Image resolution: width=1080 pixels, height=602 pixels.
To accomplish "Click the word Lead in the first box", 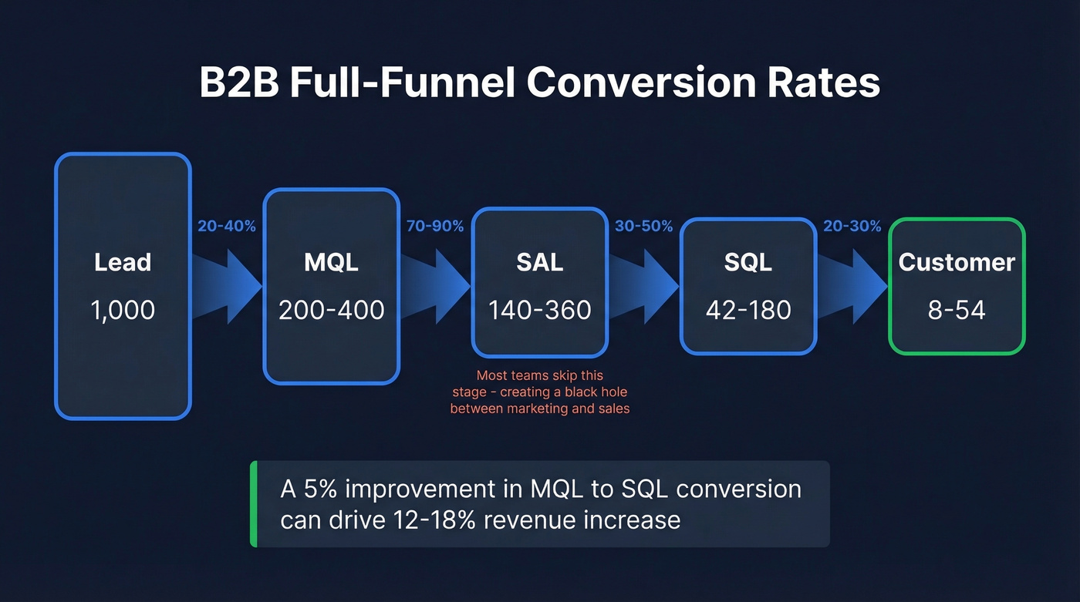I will pos(123,262).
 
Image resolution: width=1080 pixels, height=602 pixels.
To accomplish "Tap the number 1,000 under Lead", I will pos(123,310).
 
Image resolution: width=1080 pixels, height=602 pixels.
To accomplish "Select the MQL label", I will pos(331,262).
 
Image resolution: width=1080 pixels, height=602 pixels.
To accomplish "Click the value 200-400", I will pos(331,310).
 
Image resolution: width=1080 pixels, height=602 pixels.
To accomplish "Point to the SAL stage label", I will pos(539,262).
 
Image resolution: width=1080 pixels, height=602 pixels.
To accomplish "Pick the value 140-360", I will pos(539,310).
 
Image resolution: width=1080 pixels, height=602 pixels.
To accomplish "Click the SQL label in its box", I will pos(748,262).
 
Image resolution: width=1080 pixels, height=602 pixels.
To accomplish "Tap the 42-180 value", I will pos(748,310).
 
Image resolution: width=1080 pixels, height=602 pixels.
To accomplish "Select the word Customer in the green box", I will pos(957,262).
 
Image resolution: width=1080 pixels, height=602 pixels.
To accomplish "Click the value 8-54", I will pos(957,310).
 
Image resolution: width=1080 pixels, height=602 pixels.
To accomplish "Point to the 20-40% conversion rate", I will pos(227,226).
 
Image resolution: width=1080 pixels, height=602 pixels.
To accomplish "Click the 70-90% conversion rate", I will pos(435,226).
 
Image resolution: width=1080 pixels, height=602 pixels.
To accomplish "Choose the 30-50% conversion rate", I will pos(643,226).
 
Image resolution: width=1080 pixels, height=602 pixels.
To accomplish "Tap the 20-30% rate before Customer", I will pos(852,226).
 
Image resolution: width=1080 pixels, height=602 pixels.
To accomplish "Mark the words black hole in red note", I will pos(602,392).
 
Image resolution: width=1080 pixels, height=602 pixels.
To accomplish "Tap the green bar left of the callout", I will pos(254,504).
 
